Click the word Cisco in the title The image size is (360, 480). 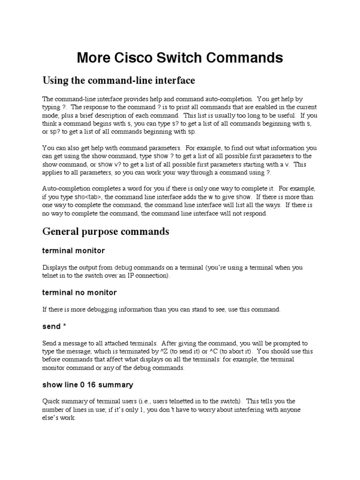coord(136,58)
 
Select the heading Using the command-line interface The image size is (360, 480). coord(119,81)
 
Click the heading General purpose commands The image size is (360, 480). coord(105,232)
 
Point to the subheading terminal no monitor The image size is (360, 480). coord(79,292)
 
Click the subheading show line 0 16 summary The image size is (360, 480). coord(88,385)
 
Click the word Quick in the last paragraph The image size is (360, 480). coord(51,401)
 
